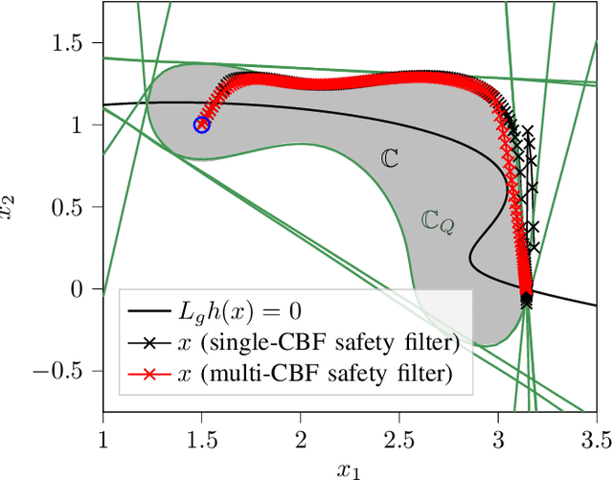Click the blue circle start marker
tap(202, 125)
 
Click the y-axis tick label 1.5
tap(79, 44)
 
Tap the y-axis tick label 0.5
tap(79, 208)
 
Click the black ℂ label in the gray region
tap(390, 159)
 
